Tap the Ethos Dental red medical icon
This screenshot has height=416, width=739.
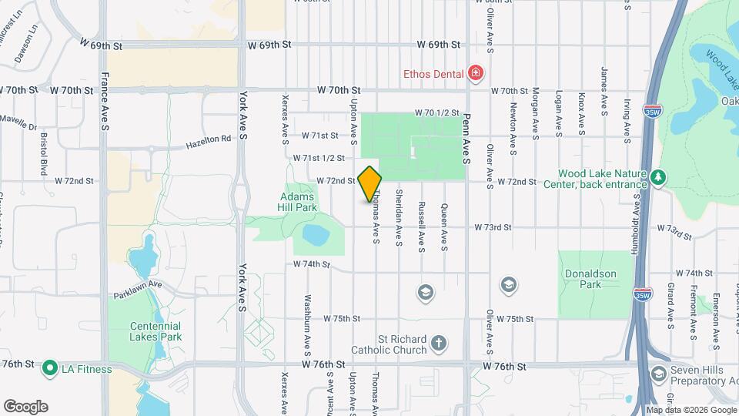477,74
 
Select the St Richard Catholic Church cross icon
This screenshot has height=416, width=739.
438,343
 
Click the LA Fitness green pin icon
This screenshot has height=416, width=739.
52,368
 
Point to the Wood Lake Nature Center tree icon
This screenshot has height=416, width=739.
658,179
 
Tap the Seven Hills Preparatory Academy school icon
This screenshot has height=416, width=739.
658,374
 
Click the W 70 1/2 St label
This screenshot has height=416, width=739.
437,113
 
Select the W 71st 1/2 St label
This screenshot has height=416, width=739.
317,158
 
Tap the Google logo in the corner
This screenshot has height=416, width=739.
25,406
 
